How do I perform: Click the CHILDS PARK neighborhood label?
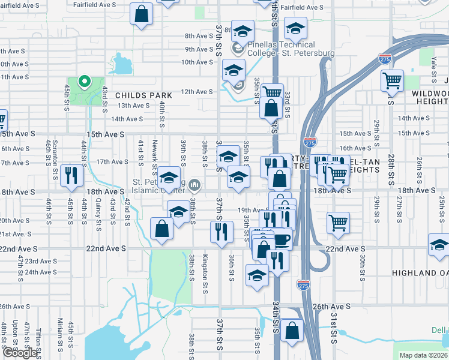click(x=143, y=95)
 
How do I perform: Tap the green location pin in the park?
click(x=85, y=82)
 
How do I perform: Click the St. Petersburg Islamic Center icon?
click(x=194, y=184)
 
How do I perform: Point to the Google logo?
click(x=20, y=353)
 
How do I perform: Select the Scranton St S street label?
click(x=55, y=154)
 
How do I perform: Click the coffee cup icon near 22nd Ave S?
click(x=282, y=239)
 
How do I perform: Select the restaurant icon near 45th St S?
click(x=71, y=175)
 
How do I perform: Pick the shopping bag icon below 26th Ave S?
click(x=292, y=330)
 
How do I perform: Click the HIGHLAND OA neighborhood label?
click(x=420, y=273)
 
